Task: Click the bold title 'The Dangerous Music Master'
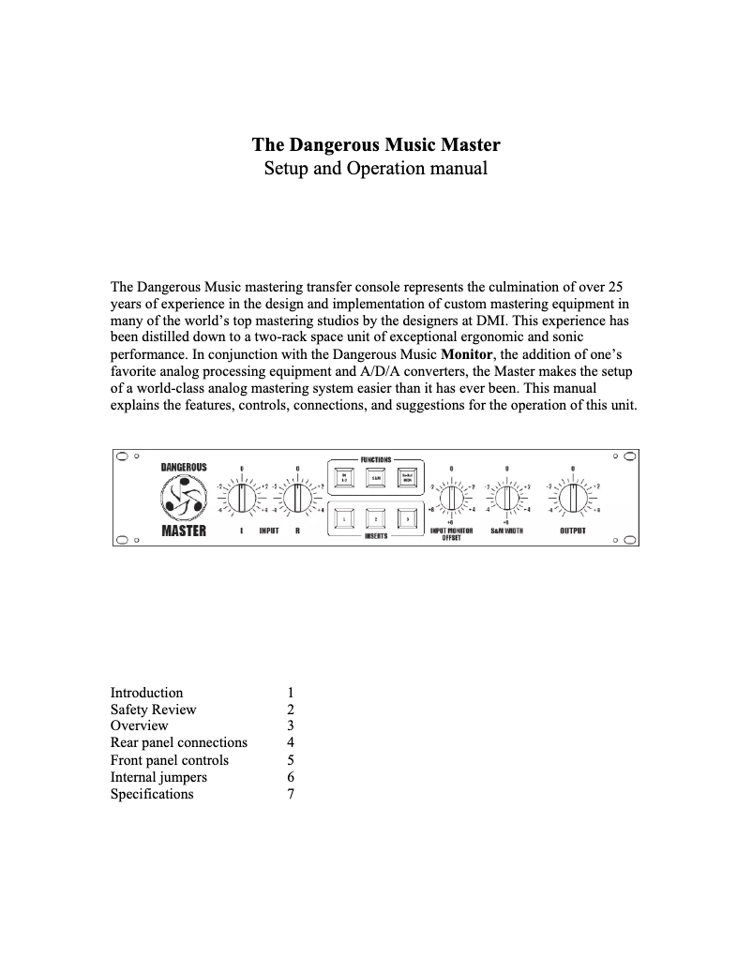pos(375,145)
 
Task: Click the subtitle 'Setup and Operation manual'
pos(375,170)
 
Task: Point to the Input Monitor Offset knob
pos(451,498)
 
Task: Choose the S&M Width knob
pos(506,498)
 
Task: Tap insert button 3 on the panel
pos(406,518)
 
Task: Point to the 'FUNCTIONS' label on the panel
pos(375,460)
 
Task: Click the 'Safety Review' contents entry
pos(154,710)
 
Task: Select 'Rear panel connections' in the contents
pos(179,743)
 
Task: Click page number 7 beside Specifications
pos(291,794)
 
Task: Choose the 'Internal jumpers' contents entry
pos(158,777)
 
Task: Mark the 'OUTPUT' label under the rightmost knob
pos(572,531)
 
